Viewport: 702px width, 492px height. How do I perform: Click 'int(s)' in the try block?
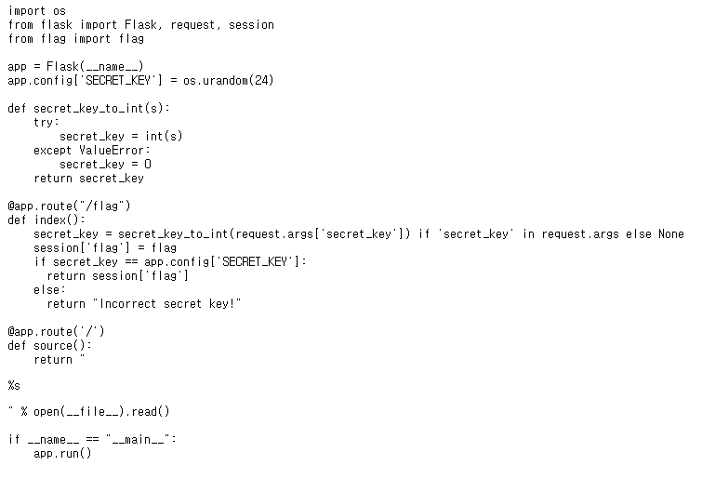click(x=164, y=137)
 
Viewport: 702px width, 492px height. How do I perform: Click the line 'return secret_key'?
click(x=88, y=178)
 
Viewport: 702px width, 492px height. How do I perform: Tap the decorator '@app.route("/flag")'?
click(x=70, y=206)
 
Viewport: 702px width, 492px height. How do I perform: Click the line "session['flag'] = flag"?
click(x=105, y=247)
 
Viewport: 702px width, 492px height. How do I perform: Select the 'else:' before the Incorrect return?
click(x=49, y=289)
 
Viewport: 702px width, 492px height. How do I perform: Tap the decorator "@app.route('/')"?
click(x=57, y=331)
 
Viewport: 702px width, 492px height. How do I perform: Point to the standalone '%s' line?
click(x=14, y=385)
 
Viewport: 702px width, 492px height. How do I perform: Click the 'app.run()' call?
click(x=62, y=453)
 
